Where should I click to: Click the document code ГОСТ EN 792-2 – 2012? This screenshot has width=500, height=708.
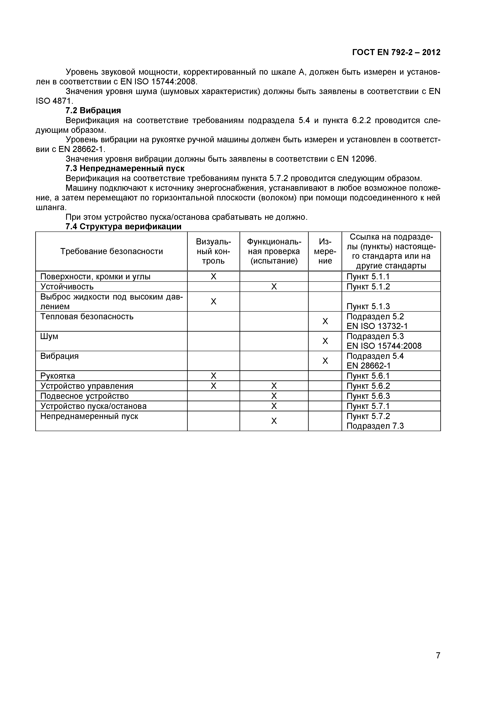(396, 52)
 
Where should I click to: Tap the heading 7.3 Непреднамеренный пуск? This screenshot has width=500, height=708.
(125, 169)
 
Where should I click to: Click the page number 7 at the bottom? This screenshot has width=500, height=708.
(438, 664)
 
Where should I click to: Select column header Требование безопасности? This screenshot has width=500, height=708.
(111, 251)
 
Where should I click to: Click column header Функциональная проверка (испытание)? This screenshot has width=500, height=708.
(274, 251)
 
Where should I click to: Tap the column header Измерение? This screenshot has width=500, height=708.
(325, 251)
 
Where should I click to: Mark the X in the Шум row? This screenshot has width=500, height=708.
(325, 341)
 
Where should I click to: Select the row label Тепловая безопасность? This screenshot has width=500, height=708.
(87, 317)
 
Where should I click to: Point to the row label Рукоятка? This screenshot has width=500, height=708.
(58, 376)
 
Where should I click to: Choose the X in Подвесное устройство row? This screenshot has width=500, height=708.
(274, 396)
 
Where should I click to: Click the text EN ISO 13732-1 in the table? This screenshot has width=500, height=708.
(377, 326)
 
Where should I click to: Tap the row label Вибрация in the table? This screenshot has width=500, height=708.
(59, 356)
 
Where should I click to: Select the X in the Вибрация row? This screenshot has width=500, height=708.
(325, 361)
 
